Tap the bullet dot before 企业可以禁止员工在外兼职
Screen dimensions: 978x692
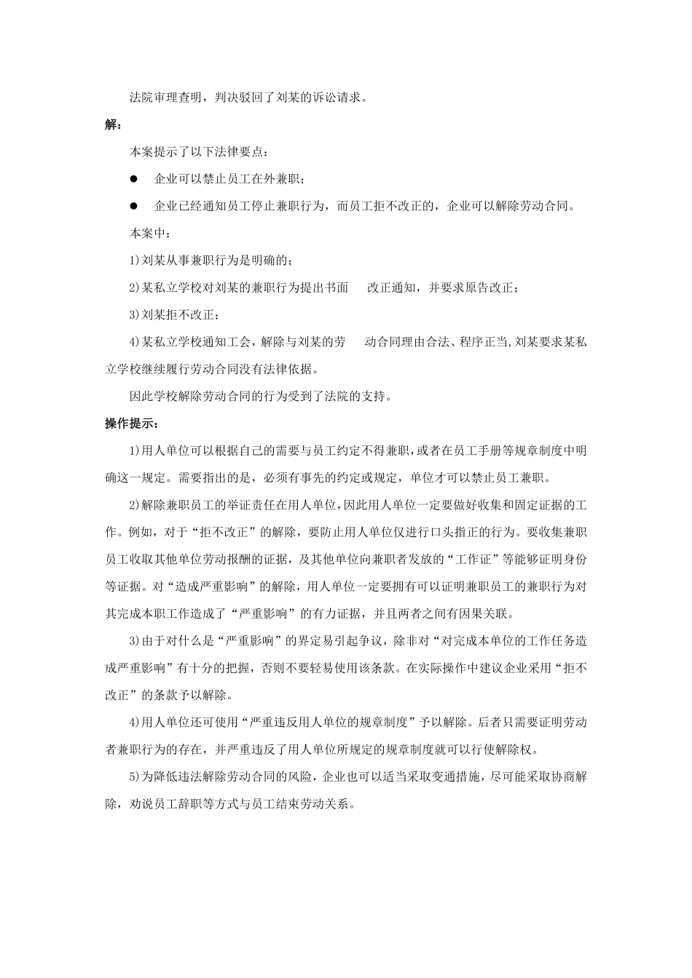click(133, 179)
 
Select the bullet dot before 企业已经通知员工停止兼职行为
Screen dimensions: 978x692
click(133, 206)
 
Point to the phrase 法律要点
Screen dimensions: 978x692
click(240, 152)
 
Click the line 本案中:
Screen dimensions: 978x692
click(150, 234)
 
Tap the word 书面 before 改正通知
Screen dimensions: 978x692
click(337, 287)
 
